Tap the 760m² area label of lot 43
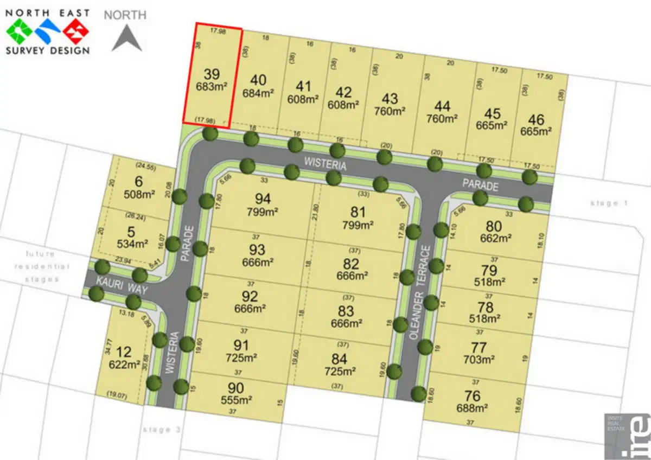(390, 111)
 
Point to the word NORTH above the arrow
(125, 15)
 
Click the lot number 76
(473, 395)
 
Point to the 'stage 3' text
(161, 430)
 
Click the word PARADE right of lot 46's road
(480, 184)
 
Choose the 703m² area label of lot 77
(479, 359)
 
